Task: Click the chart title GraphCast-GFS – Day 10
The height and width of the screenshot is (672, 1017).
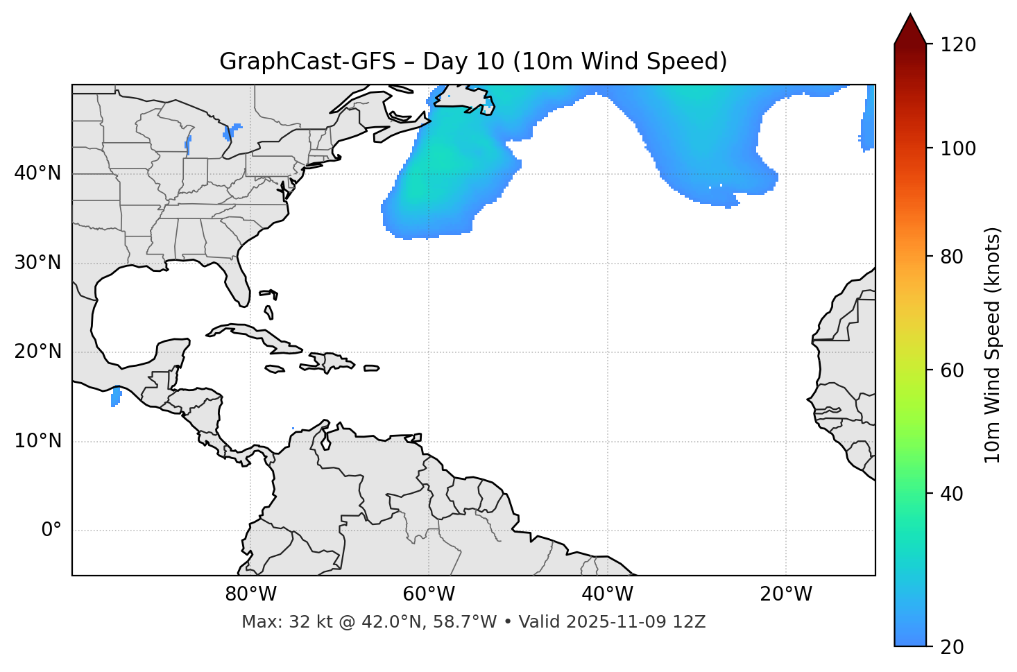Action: [473, 62]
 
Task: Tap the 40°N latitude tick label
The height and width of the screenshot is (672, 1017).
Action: [37, 173]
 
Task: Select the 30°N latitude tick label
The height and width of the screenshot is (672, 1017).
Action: [37, 263]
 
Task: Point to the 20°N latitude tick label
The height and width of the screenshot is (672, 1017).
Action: [37, 352]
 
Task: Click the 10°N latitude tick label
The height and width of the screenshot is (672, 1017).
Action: [37, 441]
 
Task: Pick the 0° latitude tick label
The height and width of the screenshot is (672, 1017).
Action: [51, 531]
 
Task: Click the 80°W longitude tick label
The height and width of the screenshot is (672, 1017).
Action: [250, 594]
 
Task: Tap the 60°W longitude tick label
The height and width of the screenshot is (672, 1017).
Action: [429, 594]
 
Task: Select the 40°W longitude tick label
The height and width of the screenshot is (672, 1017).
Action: [607, 594]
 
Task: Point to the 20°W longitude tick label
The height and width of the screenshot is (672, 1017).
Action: [786, 594]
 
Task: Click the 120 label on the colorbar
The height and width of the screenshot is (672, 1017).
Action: [959, 45]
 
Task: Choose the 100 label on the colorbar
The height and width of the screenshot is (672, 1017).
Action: [959, 148]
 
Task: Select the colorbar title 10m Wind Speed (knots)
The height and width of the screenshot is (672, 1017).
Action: [993, 345]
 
